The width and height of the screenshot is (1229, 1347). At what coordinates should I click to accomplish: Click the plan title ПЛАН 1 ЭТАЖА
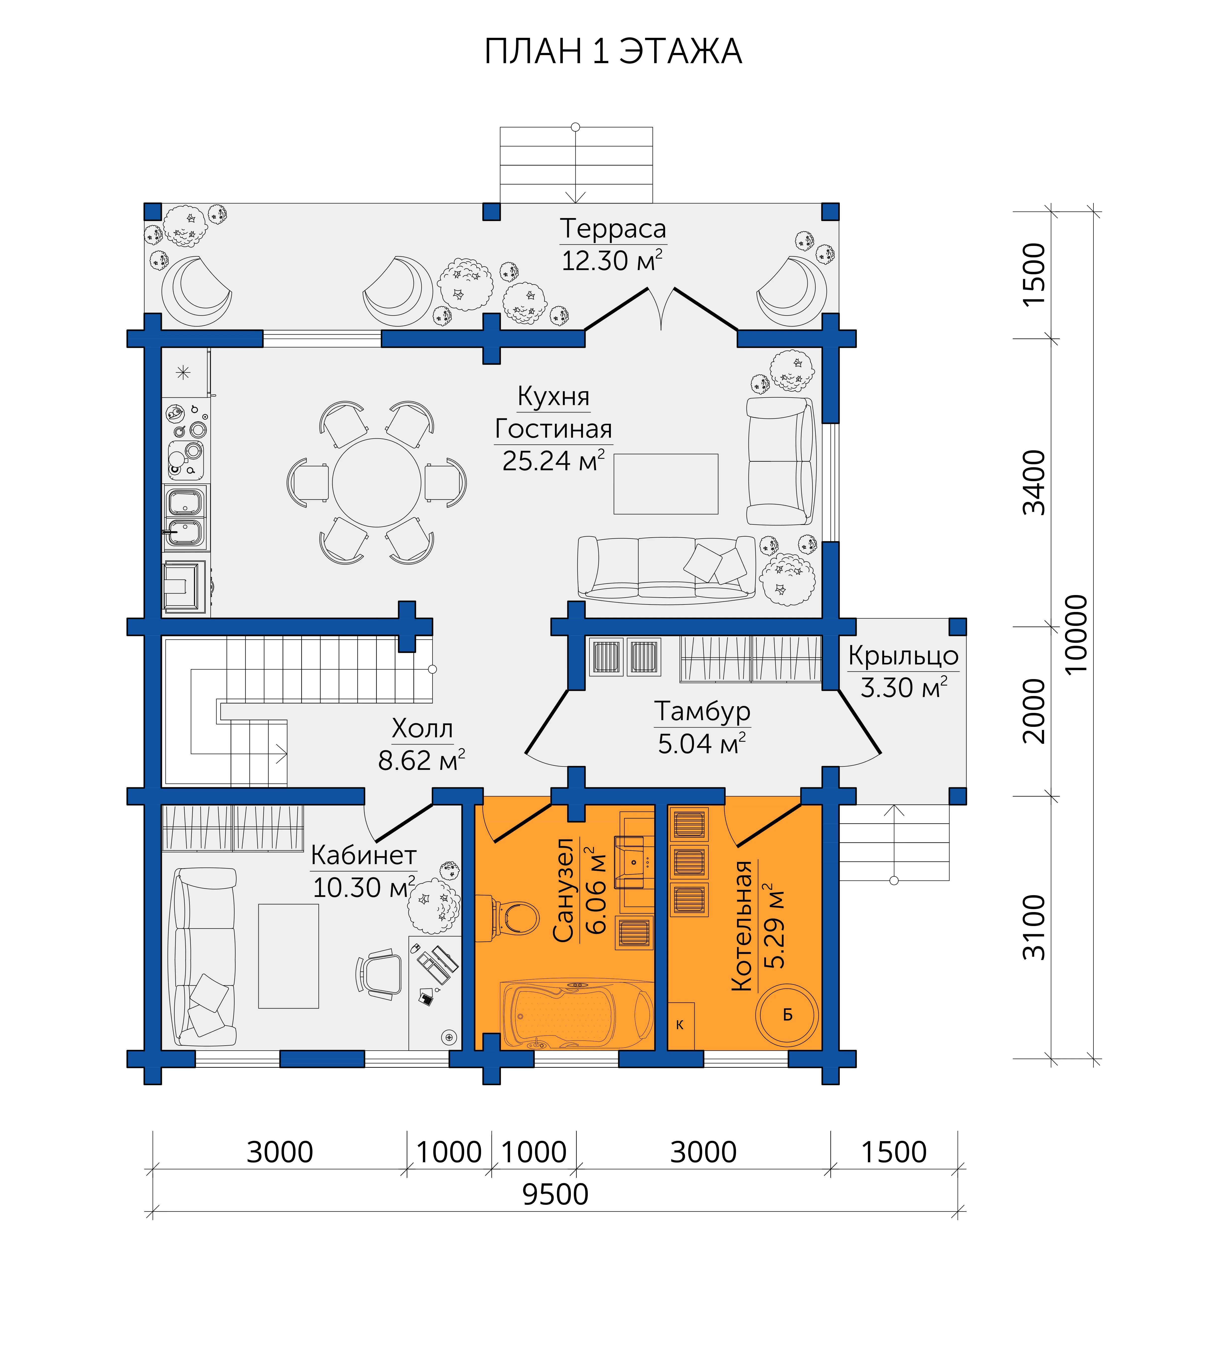613,51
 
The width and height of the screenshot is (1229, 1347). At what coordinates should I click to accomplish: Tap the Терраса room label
613,229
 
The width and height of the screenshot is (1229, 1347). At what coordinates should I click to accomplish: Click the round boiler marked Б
787,1014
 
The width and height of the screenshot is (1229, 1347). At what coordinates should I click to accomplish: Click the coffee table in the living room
666,484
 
